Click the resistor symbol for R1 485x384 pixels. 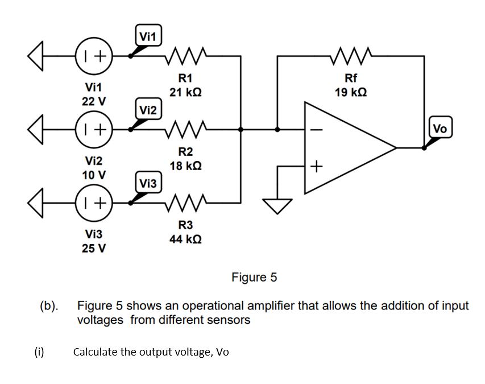(x=185, y=56)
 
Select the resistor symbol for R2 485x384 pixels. (x=185, y=129)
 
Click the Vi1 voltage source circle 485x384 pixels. (x=94, y=56)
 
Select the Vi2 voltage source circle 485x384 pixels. (x=94, y=129)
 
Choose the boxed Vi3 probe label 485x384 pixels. (x=148, y=183)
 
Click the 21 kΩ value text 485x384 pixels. (x=185, y=92)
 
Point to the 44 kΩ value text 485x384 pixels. (x=185, y=239)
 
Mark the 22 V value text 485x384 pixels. (x=94, y=101)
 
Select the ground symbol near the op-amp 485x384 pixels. (x=278, y=204)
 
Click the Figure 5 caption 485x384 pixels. (x=254, y=277)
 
